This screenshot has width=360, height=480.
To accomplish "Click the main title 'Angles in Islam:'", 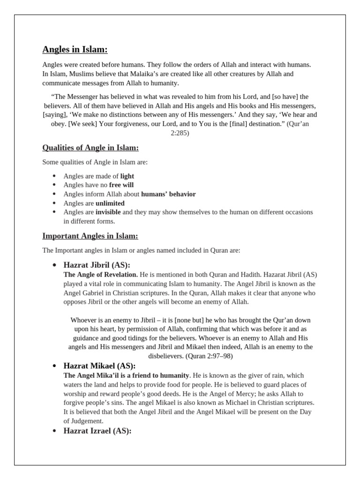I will pyautogui.click(x=75, y=49).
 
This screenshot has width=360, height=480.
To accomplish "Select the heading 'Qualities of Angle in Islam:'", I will pyautogui.click(x=90, y=148).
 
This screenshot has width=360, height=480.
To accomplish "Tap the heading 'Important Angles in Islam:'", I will pyautogui.click(x=90, y=236).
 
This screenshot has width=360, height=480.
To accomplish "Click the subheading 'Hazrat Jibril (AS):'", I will pyautogui.click(x=97, y=265).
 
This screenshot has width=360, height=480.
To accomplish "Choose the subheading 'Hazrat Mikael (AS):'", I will pyautogui.click(x=99, y=366).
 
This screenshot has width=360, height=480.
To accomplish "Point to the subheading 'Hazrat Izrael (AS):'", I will pyautogui.click(x=97, y=431).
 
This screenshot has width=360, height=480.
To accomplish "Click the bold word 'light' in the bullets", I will pyautogui.click(x=127, y=176).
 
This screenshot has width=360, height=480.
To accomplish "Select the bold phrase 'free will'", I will pyautogui.click(x=121, y=185).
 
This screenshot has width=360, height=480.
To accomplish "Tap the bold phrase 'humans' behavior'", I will pyautogui.click(x=168, y=194).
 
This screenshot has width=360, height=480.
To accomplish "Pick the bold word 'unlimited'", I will pyautogui.click(x=110, y=203).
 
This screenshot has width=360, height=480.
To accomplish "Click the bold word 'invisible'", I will pyautogui.click(x=108, y=212).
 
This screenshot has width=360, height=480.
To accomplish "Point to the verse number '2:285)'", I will pyautogui.click(x=180, y=133).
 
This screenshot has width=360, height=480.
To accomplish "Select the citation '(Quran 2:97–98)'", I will pyautogui.click(x=209, y=356).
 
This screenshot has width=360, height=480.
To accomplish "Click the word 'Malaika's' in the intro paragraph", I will pyautogui.click(x=137, y=74).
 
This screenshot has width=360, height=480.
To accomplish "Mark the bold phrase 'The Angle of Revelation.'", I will pyautogui.click(x=100, y=275).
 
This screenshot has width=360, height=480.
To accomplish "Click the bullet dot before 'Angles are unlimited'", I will pyautogui.click(x=54, y=203).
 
